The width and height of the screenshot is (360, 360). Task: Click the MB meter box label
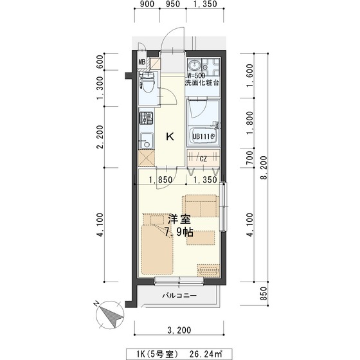click(x=142, y=62)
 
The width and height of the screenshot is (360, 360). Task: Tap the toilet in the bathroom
click(x=147, y=82)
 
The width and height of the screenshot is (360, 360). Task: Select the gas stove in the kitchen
click(x=147, y=118)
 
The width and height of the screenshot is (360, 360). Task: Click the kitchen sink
click(x=147, y=141)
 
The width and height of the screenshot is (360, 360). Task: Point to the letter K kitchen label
click(x=170, y=137)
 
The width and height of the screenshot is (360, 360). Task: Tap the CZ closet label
click(x=203, y=159)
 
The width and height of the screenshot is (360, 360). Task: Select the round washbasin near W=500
click(x=195, y=66)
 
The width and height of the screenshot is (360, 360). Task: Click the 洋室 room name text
click(x=179, y=219)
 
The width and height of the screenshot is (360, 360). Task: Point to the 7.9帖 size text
click(x=179, y=232)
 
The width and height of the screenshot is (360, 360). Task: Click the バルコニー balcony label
click(x=179, y=295)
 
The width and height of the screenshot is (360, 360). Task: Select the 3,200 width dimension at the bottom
click(x=179, y=330)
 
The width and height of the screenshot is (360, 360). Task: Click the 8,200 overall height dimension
click(x=265, y=168)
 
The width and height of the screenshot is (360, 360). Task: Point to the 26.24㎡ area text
click(x=206, y=354)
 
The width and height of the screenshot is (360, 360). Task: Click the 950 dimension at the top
click(x=172, y=4)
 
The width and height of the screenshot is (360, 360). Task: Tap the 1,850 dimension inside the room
click(x=161, y=179)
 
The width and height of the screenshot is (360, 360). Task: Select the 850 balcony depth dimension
click(x=265, y=294)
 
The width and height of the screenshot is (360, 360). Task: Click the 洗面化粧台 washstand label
click(x=202, y=83)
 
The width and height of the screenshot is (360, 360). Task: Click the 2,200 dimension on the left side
click(x=100, y=137)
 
